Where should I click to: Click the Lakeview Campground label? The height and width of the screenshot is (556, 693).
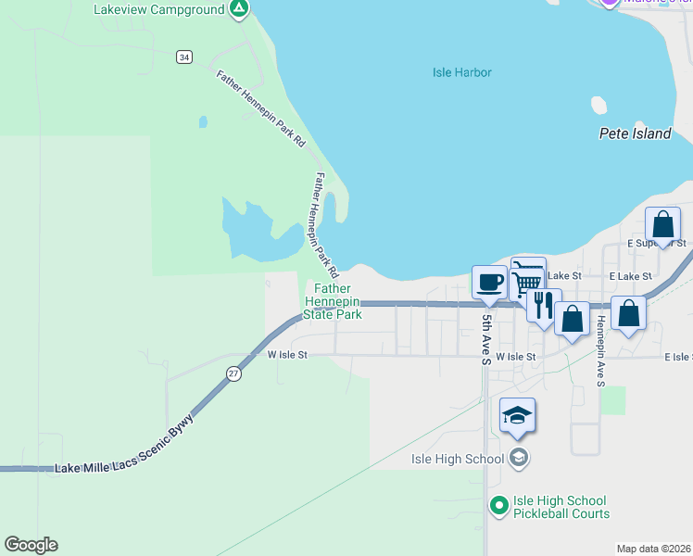[159, 9]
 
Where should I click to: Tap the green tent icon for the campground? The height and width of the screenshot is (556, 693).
[239, 9]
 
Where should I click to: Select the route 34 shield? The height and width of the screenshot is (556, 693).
[185, 57]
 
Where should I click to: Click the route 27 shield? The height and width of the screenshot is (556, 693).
[234, 373]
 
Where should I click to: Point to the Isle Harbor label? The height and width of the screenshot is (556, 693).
[461, 72]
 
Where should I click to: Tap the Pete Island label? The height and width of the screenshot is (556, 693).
[635, 133]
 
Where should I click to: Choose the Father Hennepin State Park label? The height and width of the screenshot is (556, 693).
[333, 302]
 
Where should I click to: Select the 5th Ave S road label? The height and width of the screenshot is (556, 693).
[485, 339]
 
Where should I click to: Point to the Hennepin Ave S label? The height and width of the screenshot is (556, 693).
[600, 351]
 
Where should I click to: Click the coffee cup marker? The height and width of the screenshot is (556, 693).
[489, 282]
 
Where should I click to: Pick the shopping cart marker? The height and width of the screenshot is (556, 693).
[527, 277]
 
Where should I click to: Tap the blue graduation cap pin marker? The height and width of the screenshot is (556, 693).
[517, 416]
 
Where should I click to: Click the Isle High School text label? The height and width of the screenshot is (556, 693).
[458, 458]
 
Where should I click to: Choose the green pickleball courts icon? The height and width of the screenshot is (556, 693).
[498, 506]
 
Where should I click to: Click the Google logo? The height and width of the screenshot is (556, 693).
[31, 545]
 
